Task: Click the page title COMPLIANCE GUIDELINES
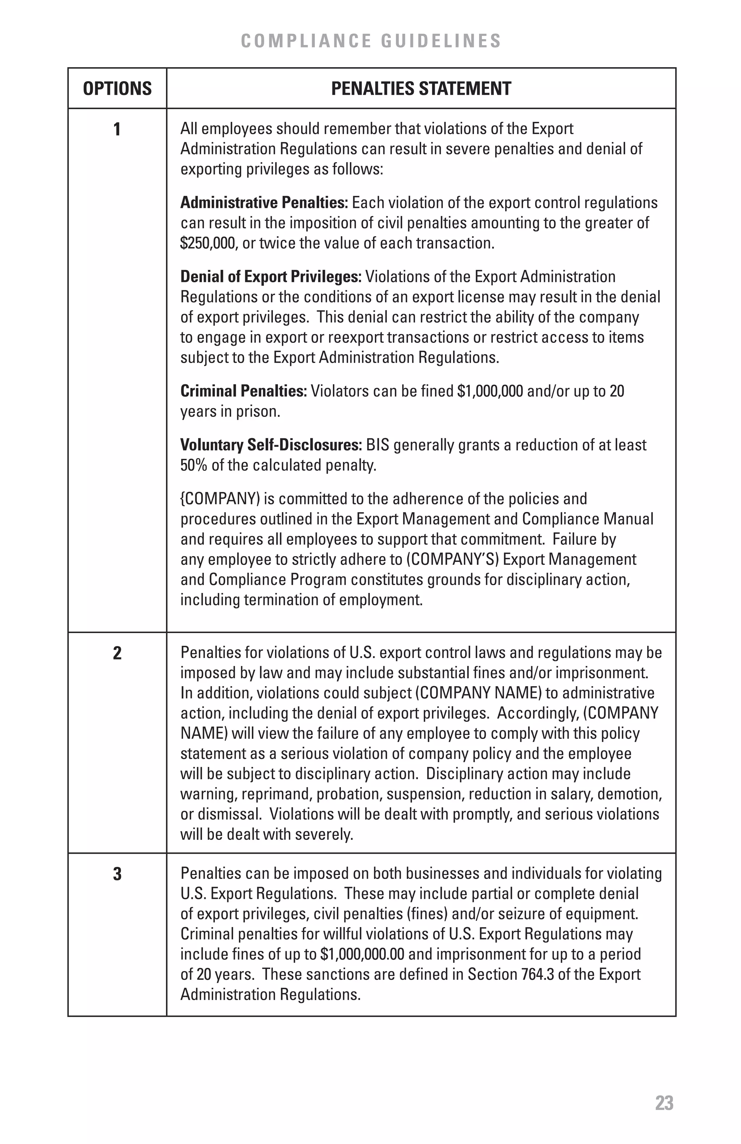(370, 41)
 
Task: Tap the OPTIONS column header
(117, 89)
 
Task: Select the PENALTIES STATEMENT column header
(421, 89)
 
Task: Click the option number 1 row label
(117, 129)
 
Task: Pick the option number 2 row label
(117, 653)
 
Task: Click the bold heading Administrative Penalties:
(263, 203)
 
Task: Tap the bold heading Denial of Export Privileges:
(270, 277)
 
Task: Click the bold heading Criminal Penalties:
(243, 391)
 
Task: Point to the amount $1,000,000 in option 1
(490, 391)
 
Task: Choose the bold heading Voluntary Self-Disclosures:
(271, 445)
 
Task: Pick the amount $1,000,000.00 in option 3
(361, 954)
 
